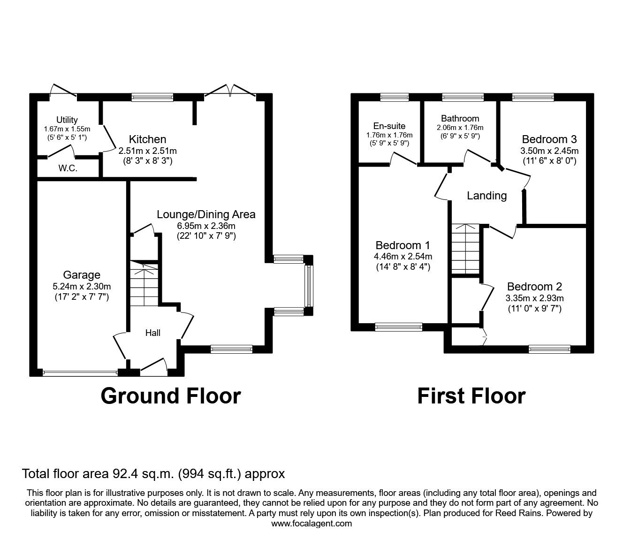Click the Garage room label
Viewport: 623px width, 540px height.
[82, 275]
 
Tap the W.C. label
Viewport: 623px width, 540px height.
[68, 168]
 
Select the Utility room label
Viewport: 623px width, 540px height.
[67, 120]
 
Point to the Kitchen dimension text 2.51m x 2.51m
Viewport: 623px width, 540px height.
[148, 151]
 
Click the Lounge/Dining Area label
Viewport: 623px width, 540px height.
[206, 214]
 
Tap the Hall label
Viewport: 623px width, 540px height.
[152, 333]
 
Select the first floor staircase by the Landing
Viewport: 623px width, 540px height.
[466, 248]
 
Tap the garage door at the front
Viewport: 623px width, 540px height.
[80, 373]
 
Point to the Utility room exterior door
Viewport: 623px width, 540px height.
[63, 91]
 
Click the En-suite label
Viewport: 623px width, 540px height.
[389, 126]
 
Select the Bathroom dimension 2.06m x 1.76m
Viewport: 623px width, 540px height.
[460, 128]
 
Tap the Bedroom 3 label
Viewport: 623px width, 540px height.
[549, 139]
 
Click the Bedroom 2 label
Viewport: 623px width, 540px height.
[534, 287]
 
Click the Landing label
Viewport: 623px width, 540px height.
[486, 196]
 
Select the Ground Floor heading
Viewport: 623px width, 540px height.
[170, 396]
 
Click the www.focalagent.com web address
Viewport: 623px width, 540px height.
[311, 524]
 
